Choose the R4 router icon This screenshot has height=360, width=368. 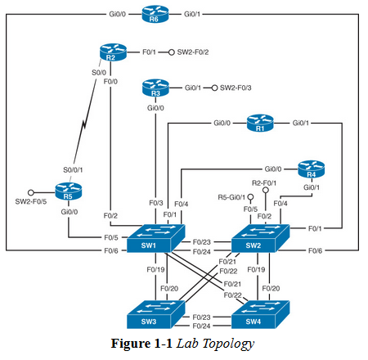[311, 169]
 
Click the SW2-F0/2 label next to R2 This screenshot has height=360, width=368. [193, 52]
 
